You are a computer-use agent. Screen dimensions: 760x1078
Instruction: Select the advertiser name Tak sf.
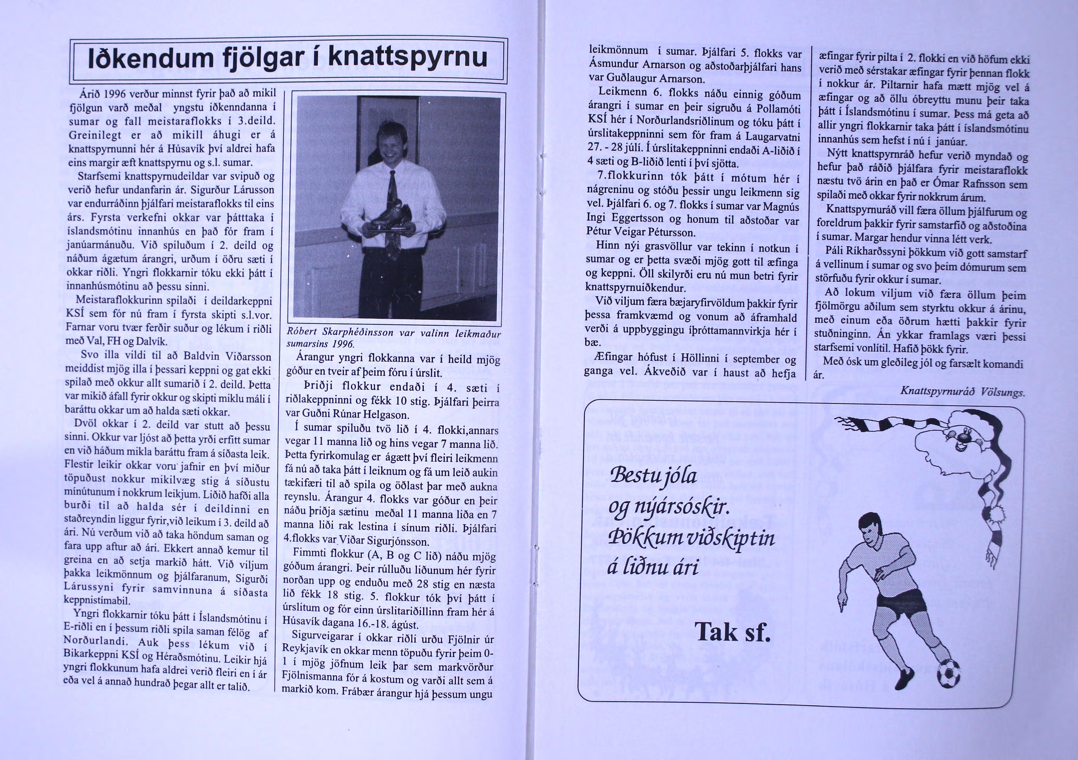tap(732, 632)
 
